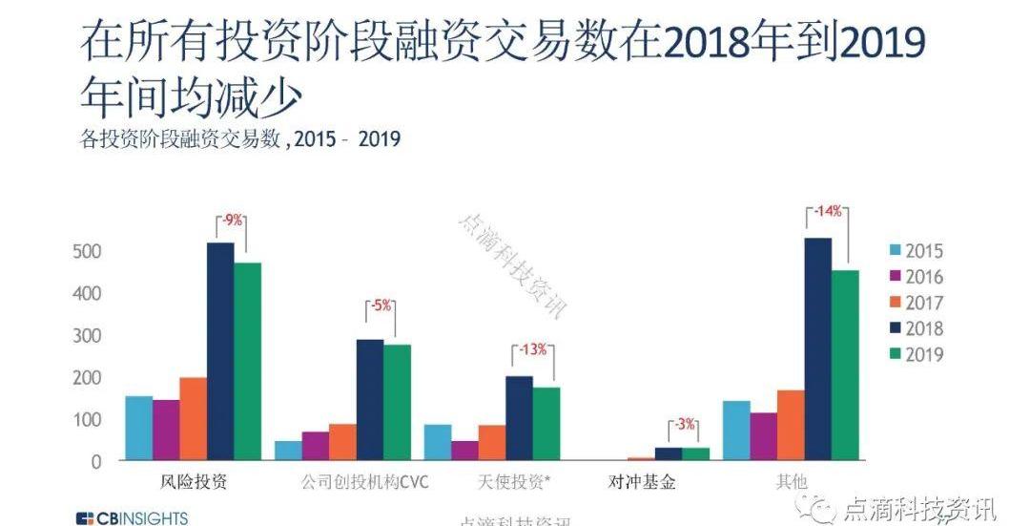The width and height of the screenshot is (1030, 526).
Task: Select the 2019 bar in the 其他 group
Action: tap(845, 365)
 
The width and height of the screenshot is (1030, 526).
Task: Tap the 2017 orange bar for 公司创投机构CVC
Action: tap(342, 442)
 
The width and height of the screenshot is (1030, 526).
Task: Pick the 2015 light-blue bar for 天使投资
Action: tap(438, 443)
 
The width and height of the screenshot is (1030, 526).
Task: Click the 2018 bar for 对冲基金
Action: tap(668, 453)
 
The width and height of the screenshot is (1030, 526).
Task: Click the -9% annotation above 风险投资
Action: tap(232, 221)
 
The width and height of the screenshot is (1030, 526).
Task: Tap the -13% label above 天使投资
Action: tap(532, 349)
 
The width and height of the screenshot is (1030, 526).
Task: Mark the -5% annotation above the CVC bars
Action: tap(381, 306)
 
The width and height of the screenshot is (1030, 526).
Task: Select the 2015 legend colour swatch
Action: tap(895, 252)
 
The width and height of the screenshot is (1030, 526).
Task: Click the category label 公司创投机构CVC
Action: tap(355, 482)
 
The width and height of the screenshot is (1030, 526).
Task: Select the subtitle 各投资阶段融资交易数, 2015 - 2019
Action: tap(239, 139)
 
